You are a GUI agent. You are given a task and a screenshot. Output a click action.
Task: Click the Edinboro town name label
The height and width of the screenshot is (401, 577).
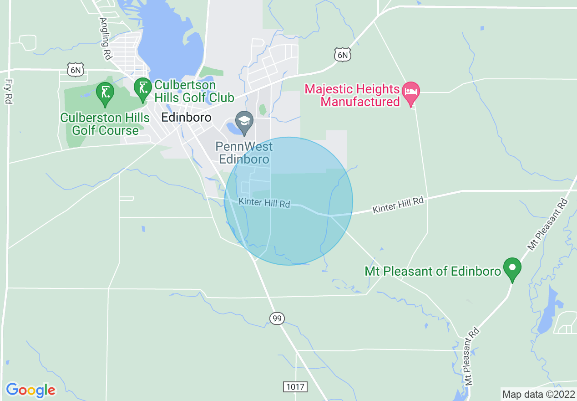click(x=186, y=117)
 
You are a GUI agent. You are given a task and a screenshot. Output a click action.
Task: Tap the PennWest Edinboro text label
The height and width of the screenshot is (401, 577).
click(x=244, y=153)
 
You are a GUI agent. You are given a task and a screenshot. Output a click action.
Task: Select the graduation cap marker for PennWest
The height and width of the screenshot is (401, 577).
click(x=245, y=122)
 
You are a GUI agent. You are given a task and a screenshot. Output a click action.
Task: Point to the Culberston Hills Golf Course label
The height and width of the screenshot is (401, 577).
click(x=105, y=124)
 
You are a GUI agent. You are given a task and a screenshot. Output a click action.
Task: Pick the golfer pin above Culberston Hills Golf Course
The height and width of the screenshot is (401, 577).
click(x=105, y=93)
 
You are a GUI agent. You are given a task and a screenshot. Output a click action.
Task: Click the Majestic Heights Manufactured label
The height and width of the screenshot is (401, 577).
click(x=352, y=95)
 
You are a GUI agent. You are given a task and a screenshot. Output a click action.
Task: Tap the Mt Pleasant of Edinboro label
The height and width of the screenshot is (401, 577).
click(x=433, y=272)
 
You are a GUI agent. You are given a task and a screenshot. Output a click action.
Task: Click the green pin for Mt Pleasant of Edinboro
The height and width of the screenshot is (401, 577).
click(x=512, y=267)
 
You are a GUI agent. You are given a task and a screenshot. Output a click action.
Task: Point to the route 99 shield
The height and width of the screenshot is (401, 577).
click(x=277, y=318)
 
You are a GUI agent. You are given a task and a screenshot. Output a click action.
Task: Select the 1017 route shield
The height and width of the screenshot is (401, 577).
click(x=295, y=387)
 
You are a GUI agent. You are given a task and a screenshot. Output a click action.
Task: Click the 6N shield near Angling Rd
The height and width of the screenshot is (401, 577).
click(x=75, y=69)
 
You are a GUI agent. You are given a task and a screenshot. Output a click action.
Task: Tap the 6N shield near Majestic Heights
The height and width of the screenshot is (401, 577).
click(x=343, y=55)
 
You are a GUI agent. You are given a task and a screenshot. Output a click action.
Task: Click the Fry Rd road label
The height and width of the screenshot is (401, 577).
click(x=8, y=91)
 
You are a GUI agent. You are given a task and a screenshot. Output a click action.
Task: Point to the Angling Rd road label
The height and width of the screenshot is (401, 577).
click(x=106, y=39)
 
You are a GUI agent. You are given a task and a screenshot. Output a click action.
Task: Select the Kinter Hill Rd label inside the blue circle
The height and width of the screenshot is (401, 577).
click(x=264, y=202)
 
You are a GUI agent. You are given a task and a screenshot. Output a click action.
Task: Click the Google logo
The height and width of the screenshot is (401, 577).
click(x=30, y=390)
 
